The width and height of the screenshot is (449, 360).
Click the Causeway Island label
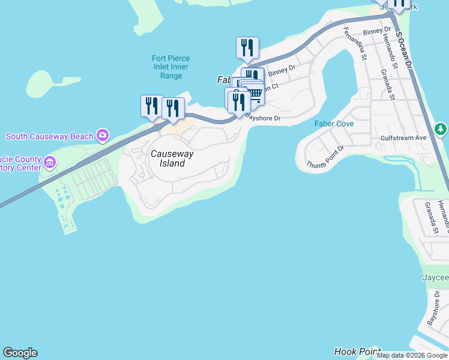[172, 158]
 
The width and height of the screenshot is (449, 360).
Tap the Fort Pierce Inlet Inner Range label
[167, 67]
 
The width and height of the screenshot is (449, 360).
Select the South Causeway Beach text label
[49, 136]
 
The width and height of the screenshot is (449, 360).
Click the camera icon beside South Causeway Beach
[103, 136]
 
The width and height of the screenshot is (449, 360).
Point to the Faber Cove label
[334, 124]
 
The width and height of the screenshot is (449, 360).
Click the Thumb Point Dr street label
[325, 157]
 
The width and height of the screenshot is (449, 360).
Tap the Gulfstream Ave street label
[403, 138]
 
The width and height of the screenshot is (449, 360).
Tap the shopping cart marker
[255, 94]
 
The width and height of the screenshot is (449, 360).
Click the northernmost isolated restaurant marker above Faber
[247, 48]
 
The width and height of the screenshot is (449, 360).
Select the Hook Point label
[357, 352]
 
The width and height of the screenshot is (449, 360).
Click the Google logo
[20, 353]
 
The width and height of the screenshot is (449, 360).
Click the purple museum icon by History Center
[49, 162]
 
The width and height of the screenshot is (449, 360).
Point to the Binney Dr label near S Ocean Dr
[377, 31]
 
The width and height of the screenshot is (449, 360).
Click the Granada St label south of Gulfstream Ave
[430, 218]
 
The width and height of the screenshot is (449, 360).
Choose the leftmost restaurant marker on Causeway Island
[151, 106]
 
